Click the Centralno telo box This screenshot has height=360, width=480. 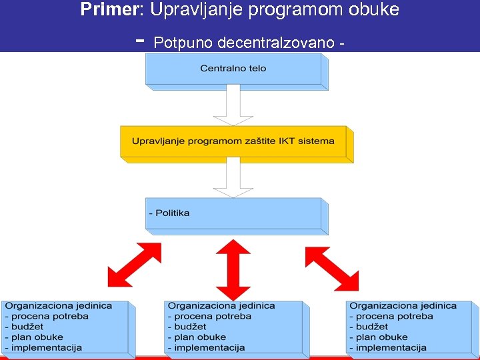233,69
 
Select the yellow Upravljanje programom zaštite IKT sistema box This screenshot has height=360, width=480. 233,141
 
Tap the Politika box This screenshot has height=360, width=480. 233,213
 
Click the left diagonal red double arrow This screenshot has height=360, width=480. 134,265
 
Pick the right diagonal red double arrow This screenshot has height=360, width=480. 331,268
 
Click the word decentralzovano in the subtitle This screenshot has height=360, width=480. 280,43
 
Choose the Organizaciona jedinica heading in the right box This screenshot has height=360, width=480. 403,305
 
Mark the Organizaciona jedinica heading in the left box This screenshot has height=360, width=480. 59,305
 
